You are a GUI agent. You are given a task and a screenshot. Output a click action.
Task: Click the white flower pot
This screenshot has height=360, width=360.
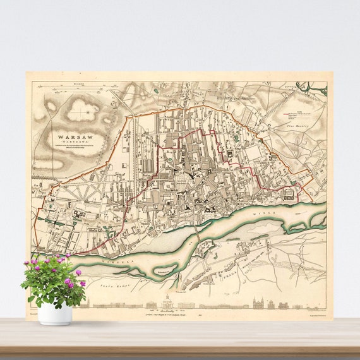click(54, 313)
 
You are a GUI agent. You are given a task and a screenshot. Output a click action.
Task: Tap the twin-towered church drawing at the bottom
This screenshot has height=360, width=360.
click(261, 303)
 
